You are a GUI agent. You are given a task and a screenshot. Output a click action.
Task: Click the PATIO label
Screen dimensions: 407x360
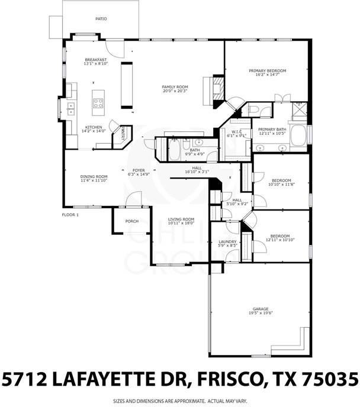[102, 19]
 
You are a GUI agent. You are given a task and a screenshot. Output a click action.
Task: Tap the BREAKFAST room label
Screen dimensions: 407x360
[95, 60]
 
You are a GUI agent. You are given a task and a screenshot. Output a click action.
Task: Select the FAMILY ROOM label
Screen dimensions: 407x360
[174, 87]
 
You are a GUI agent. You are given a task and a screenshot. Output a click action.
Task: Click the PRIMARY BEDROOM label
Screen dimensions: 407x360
[266, 70]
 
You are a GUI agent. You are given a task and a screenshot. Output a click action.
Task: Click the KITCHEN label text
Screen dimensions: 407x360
[94, 127]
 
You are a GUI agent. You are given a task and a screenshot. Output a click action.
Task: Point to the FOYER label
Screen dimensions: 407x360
[138, 170]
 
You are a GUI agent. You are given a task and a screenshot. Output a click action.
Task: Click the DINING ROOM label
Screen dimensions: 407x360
[94, 176]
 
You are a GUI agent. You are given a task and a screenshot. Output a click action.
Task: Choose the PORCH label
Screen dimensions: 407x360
[131, 221]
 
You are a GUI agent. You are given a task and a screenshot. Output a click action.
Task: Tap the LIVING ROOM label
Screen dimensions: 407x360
[181, 219]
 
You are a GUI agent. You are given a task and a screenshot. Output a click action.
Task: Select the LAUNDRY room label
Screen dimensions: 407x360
[227, 241]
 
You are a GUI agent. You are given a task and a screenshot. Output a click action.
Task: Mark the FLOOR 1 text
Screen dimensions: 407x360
[70, 214]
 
